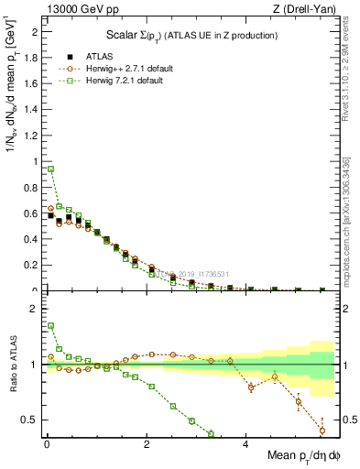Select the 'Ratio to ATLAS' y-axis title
coord(12,365)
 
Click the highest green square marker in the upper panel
coord(50,169)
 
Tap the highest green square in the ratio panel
coord(50,325)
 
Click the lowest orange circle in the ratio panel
coord(322,430)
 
